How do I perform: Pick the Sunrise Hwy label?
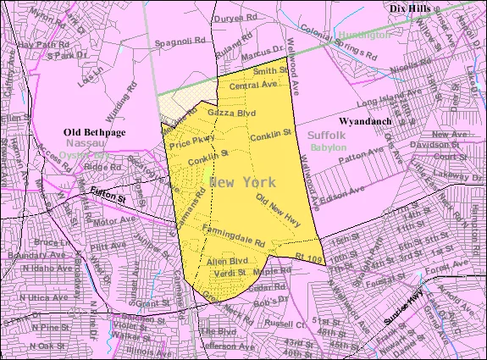coord(404,306)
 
